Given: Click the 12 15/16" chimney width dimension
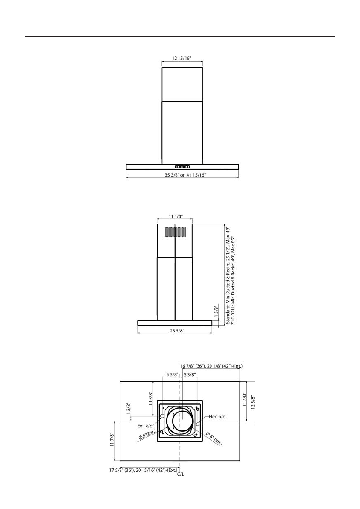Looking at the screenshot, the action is (x=182, y=58).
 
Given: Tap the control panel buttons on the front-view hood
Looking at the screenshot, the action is (x=182, y=167).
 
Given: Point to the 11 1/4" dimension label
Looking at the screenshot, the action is (x=175, y=217).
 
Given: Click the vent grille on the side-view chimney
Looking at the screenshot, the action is (x=175, y=232).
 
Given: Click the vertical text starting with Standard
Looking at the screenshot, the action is (x=228, y=275).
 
